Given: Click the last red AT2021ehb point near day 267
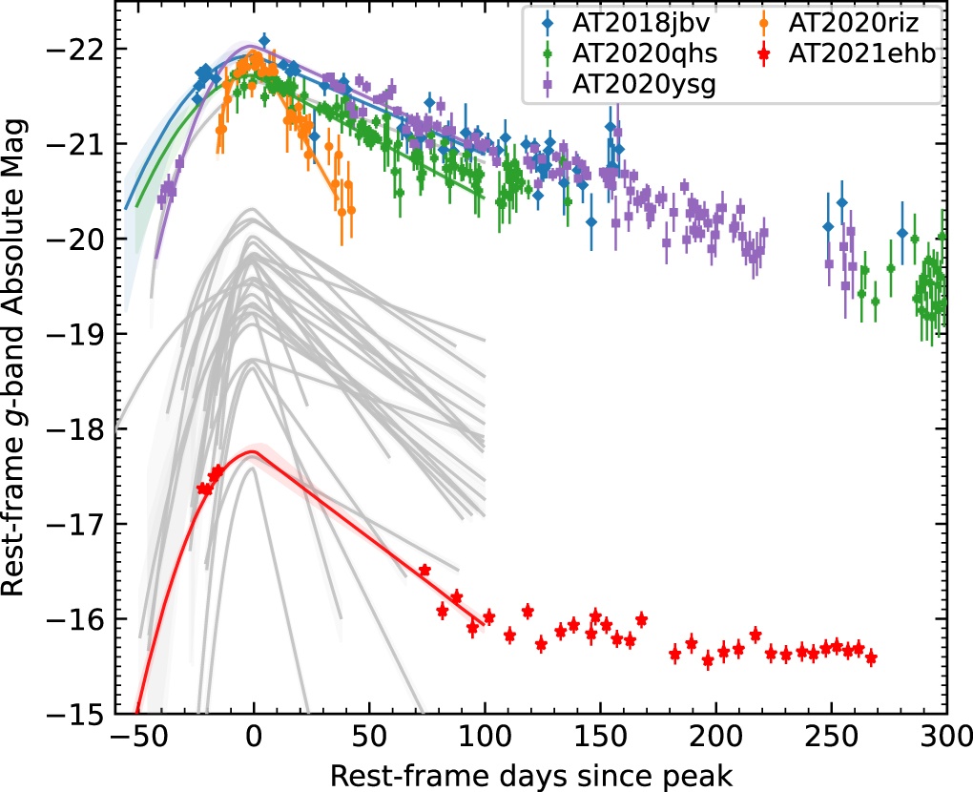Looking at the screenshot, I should click(x=870, y=658).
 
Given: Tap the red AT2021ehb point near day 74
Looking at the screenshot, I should click(x=424, y=570).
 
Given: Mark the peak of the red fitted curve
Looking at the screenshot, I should click(x=252, y=451).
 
